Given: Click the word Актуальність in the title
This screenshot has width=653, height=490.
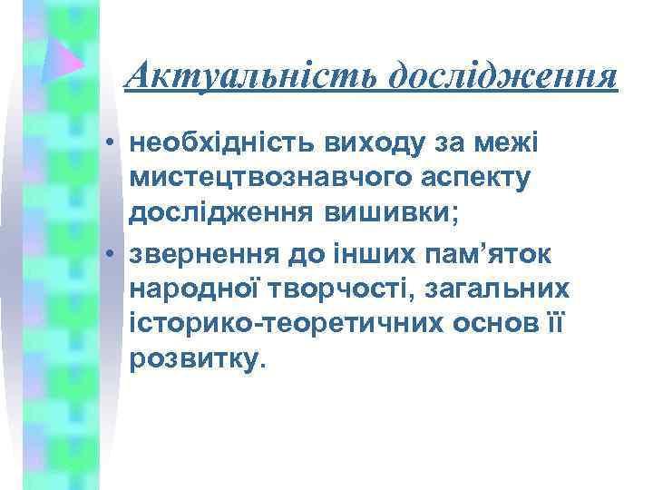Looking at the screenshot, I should coord(252,75).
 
